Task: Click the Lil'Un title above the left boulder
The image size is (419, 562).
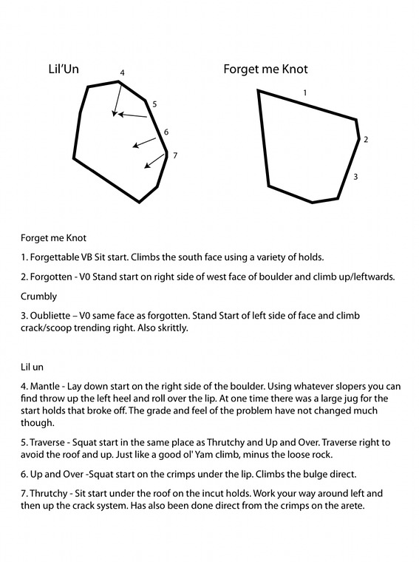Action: click(x=64, y=69)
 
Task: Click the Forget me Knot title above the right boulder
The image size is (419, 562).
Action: click(x=265, y=69)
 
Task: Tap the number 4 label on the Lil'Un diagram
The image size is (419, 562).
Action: click(x=122, y=72)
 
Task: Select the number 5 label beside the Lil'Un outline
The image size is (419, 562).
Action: click(x=154, y=104)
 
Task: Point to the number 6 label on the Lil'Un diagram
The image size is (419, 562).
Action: click(x=166, y=132)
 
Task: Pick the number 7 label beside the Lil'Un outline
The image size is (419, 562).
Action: click(x=175, y=155)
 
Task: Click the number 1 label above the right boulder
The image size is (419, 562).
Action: click(x=305, y=93)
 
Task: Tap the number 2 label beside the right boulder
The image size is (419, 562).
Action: click(x=366, y=140)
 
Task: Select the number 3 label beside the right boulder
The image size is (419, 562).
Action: click(x=355, y=177)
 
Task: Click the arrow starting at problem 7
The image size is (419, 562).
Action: click(x=155, y=160)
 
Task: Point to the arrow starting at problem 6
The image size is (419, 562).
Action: click(x=144, y=142)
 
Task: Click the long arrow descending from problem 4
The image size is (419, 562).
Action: click(x=117, y=99)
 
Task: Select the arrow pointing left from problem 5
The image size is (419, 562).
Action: click(x=132, y=115)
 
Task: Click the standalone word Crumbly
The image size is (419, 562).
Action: click(x=38, y=297)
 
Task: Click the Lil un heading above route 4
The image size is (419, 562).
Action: click(x=32, y=367)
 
